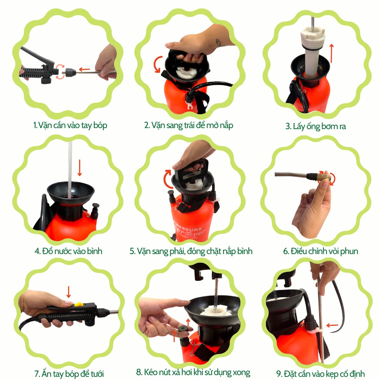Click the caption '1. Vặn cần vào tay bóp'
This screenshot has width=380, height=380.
click(x=70, y=125)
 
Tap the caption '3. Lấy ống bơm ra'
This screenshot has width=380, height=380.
click(x=316, y=126)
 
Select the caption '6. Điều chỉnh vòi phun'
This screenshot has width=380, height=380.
click(x=321, y=251)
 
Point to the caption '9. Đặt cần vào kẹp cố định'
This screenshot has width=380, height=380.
click(x=320, y=373)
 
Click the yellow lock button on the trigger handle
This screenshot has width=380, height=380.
click(x=79, y=304)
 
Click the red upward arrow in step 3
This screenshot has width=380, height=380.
click(x=331, y=53)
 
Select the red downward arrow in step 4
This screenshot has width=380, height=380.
click(x=79, y=168)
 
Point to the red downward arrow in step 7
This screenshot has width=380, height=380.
click(x=69, y=292)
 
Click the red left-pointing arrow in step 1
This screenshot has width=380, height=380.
click(x=84, y=69)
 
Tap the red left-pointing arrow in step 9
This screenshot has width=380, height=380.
click(x=332, y=325)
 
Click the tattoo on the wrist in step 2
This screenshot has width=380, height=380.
click(x=219, y=43)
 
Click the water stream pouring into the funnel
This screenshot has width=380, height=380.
click(x=70, y=170)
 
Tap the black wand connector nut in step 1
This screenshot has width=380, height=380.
click(x=71, y=72)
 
